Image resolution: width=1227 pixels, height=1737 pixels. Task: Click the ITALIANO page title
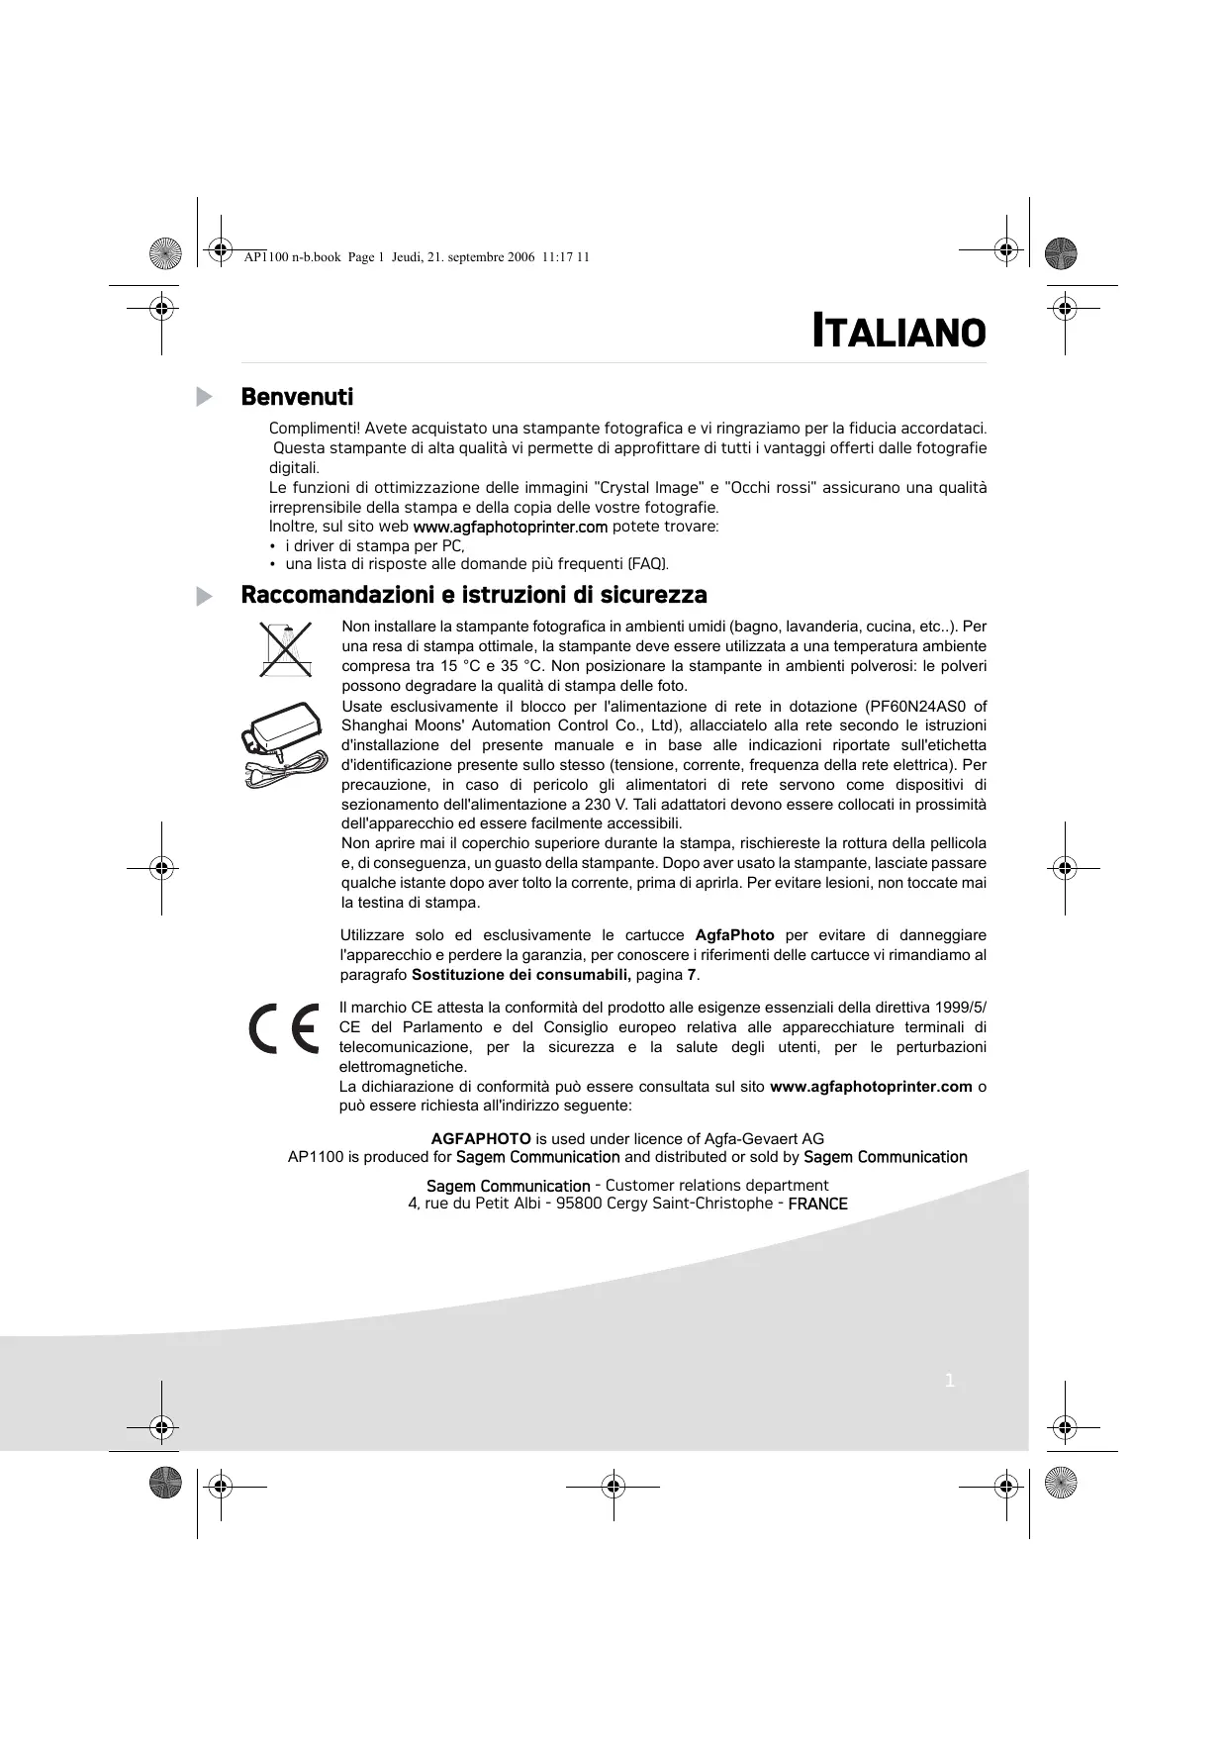click(x=898, y=332)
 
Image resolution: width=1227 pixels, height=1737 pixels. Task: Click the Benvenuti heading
click(x=297, y=397)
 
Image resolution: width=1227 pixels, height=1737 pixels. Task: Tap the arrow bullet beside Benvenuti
click(x=204, y=397)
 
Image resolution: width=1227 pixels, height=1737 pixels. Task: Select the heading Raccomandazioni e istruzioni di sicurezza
click(x=474, y=595)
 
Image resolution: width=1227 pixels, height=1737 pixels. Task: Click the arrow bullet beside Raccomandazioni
click(x=204, y=596)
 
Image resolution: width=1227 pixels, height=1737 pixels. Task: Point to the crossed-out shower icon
click(x=285, y=648)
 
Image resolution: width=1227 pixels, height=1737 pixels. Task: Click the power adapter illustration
click(x=283, y=743)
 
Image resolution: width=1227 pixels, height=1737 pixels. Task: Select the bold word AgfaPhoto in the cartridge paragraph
click(x=734, y=935)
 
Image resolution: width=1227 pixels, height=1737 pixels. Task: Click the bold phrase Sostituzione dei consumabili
click(x=521, y=975)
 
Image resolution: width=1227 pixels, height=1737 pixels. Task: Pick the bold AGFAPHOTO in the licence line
click(x=481, y=1138)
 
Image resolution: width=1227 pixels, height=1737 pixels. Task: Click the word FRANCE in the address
click(x=817, y=1204)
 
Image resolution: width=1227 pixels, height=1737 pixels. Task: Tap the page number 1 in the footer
click(x=950, y=1381)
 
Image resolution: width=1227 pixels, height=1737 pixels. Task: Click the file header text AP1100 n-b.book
click(x=292, y=257)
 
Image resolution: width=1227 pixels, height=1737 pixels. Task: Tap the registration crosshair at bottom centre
click(x=613, y=1486)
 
